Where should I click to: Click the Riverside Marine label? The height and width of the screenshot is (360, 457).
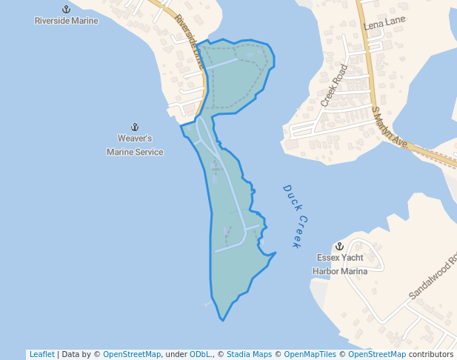[x=66, y=21]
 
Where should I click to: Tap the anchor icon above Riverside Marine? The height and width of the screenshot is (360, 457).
[x=66, y=9]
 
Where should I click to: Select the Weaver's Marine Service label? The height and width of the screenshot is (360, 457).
[x=135, y=145]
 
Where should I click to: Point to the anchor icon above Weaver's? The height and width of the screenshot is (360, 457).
[x=135, y=127]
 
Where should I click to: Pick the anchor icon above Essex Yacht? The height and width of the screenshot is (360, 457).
[x=339, y=246]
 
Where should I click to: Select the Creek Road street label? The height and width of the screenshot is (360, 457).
[x=334, y=83]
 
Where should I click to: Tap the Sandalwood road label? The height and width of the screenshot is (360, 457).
[x=433, y=277]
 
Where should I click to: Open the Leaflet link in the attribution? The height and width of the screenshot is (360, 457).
[x=41, y=354]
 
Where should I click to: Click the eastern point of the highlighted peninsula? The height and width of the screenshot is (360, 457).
[x=276, y=253]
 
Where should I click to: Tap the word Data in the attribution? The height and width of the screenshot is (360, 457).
[x=71, y=354]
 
